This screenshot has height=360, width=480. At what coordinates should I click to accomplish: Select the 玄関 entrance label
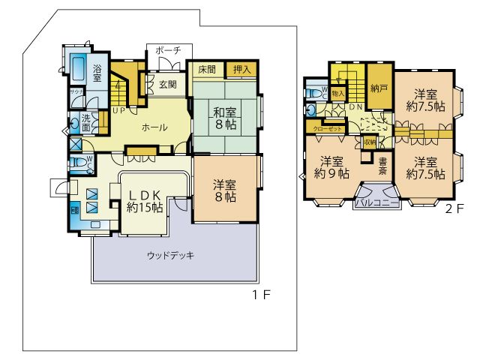pyautogui.click(x=168, y=84)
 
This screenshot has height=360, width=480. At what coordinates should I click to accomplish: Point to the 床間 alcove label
pyautogui.click(x=207, y=69)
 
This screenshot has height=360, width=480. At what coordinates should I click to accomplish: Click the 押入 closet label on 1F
pyautogui.click(x=241, y=69)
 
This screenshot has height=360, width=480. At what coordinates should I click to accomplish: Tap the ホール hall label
pyautogui.click(x=155, y=127)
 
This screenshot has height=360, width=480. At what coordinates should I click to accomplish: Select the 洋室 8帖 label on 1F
pyautogui.click(x=223, y=190)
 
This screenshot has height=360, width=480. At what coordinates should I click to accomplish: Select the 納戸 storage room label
pyautogui.click(x=379, y=88)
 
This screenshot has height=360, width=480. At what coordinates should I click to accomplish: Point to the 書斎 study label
pyautogui.click(x=382, y=166)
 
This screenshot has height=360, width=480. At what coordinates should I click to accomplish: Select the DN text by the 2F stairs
pyautogui.click(x=355, y=107)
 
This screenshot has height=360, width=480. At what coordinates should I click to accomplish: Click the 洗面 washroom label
pyautogui.click(x=87, y=121)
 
